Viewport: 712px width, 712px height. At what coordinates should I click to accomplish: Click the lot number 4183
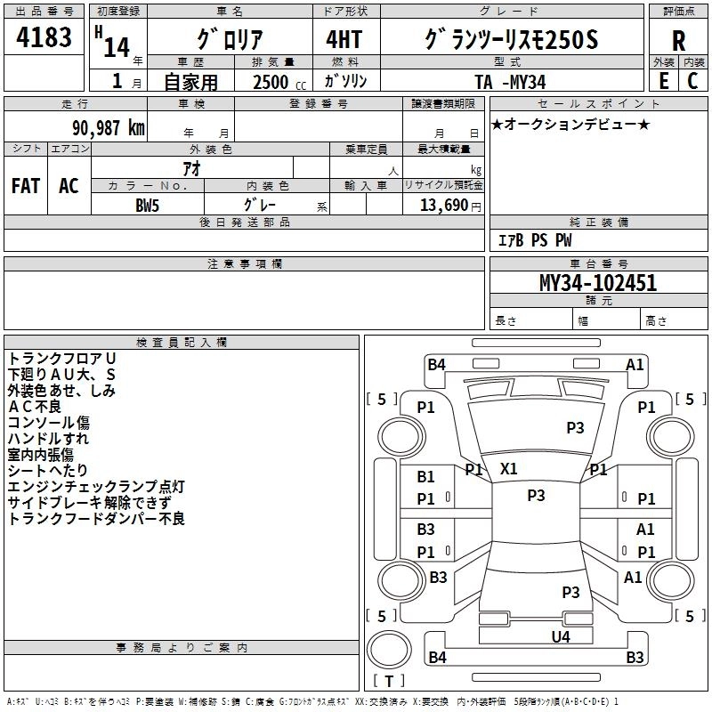pos(44,36)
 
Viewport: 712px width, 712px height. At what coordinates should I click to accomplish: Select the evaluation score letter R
pos(678,41)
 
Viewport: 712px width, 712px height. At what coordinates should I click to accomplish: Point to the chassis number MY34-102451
pos(598,283)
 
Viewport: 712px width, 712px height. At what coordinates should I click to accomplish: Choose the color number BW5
pos(148,205)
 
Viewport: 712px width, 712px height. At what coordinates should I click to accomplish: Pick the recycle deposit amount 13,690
pos(441,205)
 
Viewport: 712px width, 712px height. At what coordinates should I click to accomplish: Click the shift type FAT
pos(26,186)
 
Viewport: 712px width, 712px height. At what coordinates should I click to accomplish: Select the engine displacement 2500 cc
pos(276,81)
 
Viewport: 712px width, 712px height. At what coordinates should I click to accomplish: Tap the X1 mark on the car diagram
pos(509,468)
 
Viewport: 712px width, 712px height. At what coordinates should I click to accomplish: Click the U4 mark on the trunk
pos(560,636)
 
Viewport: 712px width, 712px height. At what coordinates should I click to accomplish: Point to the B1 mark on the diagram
pos(426,477)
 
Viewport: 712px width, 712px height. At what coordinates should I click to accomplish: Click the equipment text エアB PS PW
pos(534,240)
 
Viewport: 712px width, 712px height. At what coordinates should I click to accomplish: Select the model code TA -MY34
pos(512,81)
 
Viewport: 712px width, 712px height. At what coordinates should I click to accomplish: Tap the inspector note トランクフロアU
pos(62,358)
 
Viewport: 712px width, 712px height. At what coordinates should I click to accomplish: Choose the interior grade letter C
pos(692,81)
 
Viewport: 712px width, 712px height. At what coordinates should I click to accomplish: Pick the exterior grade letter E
pos(663,81)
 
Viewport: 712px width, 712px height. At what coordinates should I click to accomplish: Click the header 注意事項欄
pos(245,263)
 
